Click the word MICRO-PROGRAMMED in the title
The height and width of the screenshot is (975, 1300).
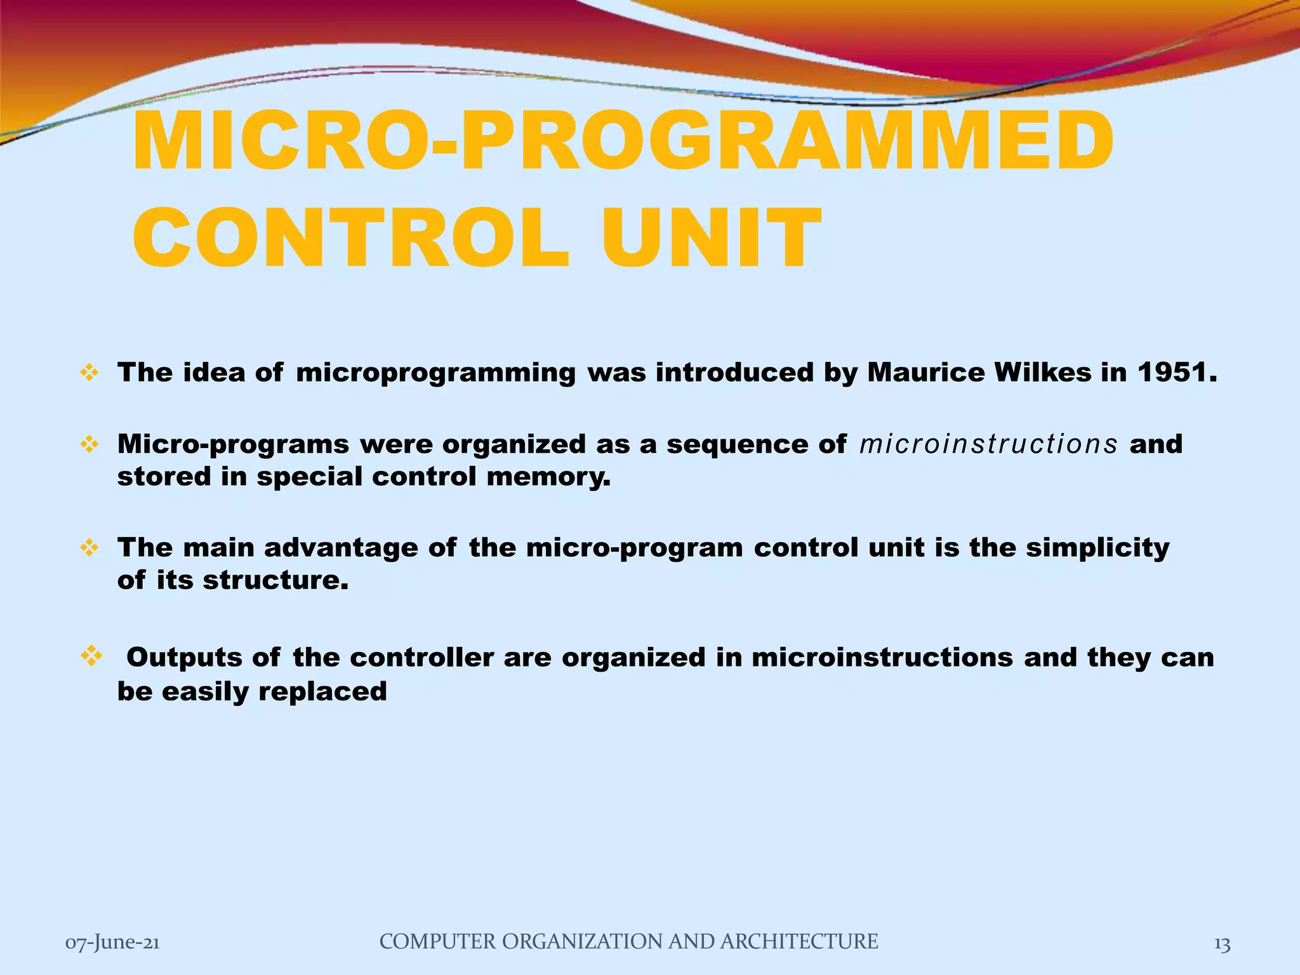[622, 141]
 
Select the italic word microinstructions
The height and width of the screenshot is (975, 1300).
[988, 444]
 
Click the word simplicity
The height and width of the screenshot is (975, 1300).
[1098, 548]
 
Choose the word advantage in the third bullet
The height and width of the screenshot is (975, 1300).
[341, 548]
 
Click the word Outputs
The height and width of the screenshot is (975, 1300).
[184, 658]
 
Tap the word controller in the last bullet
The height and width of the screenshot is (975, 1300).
[421, 658]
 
